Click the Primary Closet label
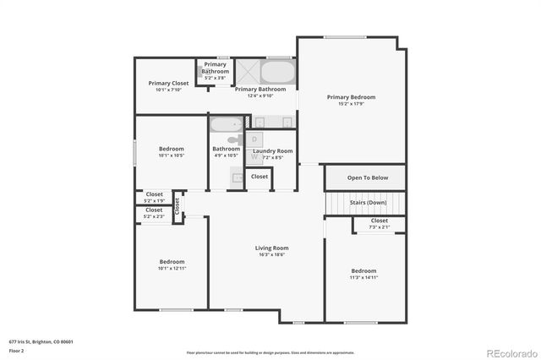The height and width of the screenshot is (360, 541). [x=168, y=84]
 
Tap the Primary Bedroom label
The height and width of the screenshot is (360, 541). [x=351, y=97]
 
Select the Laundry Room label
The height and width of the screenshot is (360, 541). [x=272, y=151]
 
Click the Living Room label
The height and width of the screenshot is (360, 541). [x=272, y=248]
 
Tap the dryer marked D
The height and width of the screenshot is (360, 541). [x=255, y=139]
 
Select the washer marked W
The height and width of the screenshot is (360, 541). [x=254, y=156]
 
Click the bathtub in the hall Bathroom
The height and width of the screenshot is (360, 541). [x=226, y=125]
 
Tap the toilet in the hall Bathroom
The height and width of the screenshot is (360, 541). [x=234, y=139]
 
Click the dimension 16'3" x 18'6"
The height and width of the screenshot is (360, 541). [x=272, y=254]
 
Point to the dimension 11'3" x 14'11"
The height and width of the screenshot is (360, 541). [x=364, y=277]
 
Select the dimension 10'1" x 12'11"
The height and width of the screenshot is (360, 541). [x=172, y=268]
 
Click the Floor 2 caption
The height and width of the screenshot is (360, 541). [x=16, y=351]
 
